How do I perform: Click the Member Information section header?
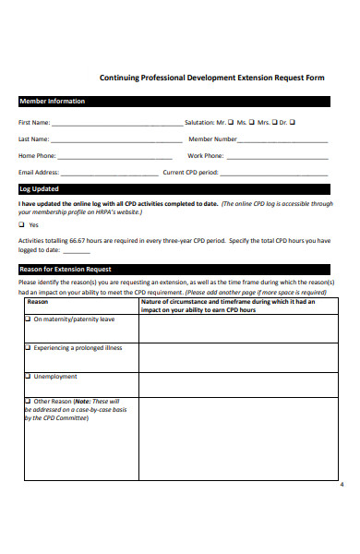pos(53,102)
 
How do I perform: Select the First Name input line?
pos(117,123)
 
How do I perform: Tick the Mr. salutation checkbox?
pos(230,122)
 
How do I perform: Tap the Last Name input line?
pos(116,140)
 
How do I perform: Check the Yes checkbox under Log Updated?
pos(22,224)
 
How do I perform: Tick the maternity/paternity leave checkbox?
pos(28,319)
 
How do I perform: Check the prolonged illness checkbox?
pos(28,348)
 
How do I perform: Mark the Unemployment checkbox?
pos(28,377)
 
